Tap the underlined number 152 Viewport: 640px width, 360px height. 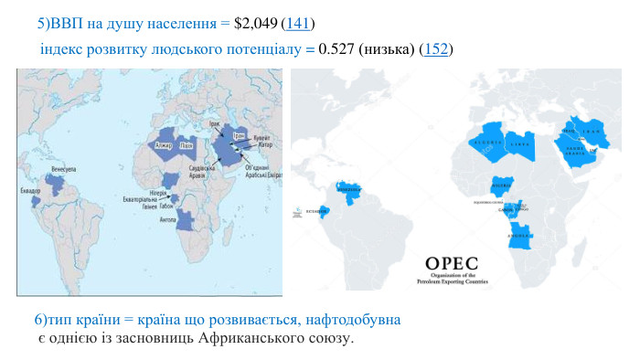[437, 48]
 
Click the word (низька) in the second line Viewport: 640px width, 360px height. [388, 48]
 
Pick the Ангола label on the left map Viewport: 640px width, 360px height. [167, 219]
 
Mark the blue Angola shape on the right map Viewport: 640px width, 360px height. [520, 230]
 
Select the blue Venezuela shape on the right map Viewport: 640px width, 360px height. [350, 190]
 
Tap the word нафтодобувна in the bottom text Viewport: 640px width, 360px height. [357, 322]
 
